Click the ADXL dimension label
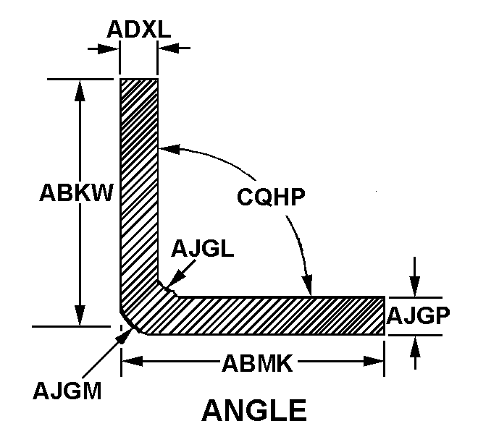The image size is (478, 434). point(139,29)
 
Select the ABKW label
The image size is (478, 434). point(76,192)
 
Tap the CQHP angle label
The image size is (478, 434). point(271,197)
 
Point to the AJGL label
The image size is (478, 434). point(202,249)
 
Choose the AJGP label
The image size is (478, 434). point(418,316)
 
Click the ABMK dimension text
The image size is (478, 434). point(257,363)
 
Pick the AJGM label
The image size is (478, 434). point(67,391)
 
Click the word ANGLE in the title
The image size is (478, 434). point(254,410)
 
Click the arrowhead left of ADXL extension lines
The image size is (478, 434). point(108,48)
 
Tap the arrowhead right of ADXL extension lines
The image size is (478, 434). point(168,48)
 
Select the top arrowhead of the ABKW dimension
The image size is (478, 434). point(80,90)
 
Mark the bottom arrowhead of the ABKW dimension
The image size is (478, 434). point(80,315)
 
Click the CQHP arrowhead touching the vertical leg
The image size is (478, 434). point(169,148)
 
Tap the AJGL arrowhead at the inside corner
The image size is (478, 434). point(173,279)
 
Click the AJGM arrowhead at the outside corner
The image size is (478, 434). point(125,335)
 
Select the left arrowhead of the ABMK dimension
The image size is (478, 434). point(132,362)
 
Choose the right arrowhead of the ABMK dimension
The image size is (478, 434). point(374,362)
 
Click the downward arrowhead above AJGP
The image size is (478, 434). point(414,286)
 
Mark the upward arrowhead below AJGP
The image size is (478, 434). point(414,346)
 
